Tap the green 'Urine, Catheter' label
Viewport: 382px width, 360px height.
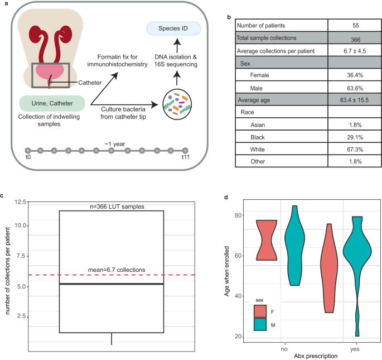point(51,103)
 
